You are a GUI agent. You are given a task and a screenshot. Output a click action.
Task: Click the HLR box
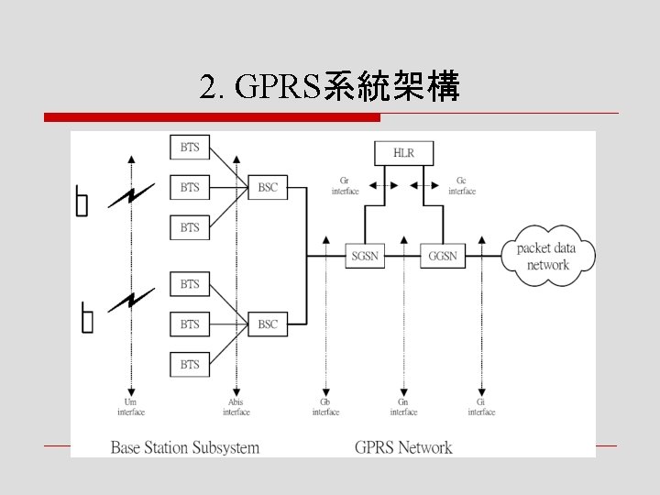click(403, 153)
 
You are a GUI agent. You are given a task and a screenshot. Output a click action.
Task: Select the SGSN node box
click(365, 257)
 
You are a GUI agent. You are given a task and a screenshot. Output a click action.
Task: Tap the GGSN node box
click(442, 257)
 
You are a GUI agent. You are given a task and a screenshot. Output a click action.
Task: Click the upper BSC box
click(268, 187)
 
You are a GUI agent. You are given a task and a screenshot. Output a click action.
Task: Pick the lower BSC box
click(268, 324)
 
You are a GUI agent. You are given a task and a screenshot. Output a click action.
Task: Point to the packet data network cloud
click(548, 257)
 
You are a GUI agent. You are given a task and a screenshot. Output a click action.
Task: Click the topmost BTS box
click(190, 147)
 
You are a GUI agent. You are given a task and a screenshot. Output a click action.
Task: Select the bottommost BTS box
click(190, 365)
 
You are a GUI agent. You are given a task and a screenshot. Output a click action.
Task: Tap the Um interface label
click(131, 407)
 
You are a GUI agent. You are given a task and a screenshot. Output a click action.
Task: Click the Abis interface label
click(236, 407)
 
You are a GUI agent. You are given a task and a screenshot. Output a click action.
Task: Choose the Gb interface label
click(325, 407)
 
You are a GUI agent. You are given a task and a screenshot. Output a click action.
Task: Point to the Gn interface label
click(403, 407)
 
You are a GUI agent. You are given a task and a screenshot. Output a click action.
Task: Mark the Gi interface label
click(481, 407)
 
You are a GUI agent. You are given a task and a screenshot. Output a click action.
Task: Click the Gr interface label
click(345, 186)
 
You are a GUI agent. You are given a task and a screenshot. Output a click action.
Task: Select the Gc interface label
click(462, 186)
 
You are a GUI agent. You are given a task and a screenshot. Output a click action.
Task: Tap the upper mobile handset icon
click(82, 202)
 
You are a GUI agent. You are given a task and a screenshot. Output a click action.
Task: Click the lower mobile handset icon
click(87, 318)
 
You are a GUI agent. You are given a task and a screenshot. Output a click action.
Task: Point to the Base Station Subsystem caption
click(185, 448)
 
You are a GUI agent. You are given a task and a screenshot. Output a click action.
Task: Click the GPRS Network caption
click(403, 448)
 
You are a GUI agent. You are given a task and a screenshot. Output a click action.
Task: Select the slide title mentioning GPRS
click(329, 88)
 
